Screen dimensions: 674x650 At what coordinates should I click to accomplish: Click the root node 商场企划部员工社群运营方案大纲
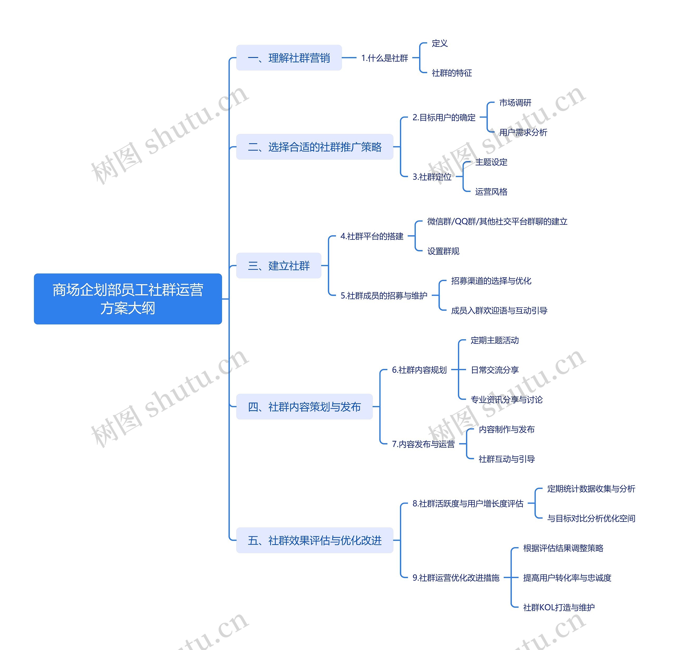128,299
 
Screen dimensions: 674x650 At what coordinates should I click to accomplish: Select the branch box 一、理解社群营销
289,58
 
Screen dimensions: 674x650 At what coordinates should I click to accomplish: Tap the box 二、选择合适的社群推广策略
314,147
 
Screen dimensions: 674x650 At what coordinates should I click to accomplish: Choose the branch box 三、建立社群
279,266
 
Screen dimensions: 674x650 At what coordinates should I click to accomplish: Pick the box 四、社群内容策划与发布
304,407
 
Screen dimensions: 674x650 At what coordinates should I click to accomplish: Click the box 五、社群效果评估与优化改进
314,540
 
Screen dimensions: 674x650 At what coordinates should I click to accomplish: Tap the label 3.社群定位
432,177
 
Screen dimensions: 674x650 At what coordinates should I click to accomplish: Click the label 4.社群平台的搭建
372,236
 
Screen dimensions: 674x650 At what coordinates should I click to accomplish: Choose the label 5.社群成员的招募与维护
384,296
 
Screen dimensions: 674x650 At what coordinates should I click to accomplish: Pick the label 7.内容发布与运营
423,444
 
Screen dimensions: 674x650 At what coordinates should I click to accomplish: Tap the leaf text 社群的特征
452,73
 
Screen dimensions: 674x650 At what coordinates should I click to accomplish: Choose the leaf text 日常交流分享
494,370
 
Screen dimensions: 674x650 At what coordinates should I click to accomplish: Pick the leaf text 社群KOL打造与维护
558,607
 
